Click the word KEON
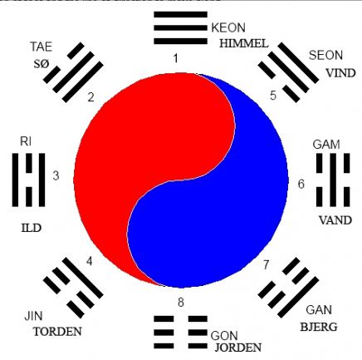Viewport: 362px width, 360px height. coord(228,27)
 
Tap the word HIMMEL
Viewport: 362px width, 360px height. coord(244,43)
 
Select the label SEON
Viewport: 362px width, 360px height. coord(325,55)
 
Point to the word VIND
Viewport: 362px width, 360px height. coord(340,73)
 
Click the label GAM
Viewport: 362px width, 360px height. coord(326,145)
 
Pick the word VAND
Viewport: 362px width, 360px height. coord(335,220)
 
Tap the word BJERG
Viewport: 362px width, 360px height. coord(319,327)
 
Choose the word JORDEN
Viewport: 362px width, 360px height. coord(238,348)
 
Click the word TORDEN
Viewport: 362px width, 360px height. coord(57,332)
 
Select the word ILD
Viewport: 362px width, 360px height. coord(32,228)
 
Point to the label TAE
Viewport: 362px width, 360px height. coord(42,47)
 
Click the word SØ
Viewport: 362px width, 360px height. coord(42,64)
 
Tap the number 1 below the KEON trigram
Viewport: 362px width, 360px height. coord(175,58)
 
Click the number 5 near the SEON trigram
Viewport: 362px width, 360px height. coord(273,95)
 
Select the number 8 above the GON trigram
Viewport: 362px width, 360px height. coord(181,302)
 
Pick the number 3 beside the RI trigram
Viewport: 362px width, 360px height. coord(56,175)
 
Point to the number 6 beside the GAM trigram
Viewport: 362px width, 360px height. coord(301,184)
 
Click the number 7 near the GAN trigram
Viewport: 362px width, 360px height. coord(266,264)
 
